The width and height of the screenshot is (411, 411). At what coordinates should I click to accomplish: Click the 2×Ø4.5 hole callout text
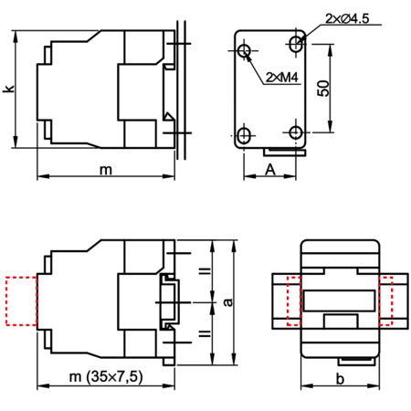coord(347,18)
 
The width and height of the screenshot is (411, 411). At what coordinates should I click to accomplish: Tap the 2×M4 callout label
coord(282,78)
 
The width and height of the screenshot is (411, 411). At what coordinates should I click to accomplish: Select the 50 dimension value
coord(323,89)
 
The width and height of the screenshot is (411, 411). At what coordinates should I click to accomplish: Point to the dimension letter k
coord(9,89)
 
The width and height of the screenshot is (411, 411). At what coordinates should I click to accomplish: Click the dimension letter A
coord(270,170)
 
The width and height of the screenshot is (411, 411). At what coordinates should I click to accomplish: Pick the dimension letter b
coord(340,379)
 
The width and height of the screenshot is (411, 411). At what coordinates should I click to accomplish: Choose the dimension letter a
coord(227,302)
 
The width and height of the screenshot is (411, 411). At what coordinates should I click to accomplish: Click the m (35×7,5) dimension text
coord(106,377)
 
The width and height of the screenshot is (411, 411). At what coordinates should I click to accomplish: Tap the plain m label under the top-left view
coord(106,170)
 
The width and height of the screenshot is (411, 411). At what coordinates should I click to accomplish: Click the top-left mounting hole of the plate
coord(244,51)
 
